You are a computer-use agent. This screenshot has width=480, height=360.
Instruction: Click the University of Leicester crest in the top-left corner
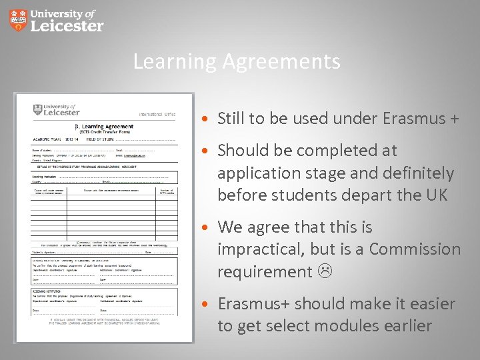coord(18,20)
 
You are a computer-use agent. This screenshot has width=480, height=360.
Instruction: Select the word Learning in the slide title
coord(175,62)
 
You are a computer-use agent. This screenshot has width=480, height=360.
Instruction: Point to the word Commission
coord(415,249)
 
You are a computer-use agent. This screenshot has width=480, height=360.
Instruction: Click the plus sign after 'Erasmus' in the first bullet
coord(453,119)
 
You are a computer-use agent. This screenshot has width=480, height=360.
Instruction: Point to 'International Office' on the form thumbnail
coord(157,114)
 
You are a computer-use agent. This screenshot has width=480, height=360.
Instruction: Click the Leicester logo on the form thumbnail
coord(56,109)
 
